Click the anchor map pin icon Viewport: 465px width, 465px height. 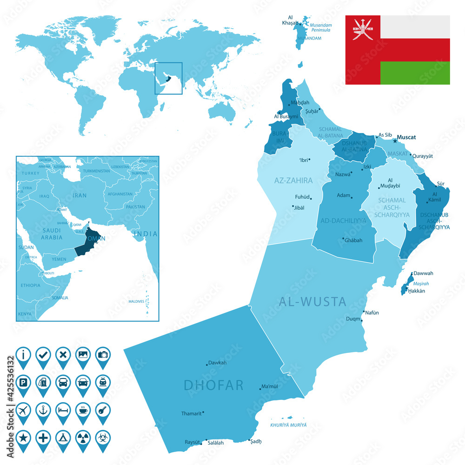[43, 411]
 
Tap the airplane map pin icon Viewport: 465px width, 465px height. [23, 411]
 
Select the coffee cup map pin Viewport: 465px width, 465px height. [83, 411]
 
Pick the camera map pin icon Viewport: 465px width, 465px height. [103, 355]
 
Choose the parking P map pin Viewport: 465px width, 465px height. [23, 383]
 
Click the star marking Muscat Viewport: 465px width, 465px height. [395, 140]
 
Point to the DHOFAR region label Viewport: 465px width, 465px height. [214, 385]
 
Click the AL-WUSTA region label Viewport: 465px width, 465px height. [312, 302]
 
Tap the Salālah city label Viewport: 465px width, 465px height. [216, 443]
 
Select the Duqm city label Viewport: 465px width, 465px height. [353, 319]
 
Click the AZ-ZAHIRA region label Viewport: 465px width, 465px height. [293, 180]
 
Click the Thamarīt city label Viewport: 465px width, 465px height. [191, 413]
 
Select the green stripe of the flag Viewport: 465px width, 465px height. [415, 73]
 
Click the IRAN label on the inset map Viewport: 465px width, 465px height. [80, 196]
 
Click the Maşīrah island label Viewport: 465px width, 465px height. [422, 283]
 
